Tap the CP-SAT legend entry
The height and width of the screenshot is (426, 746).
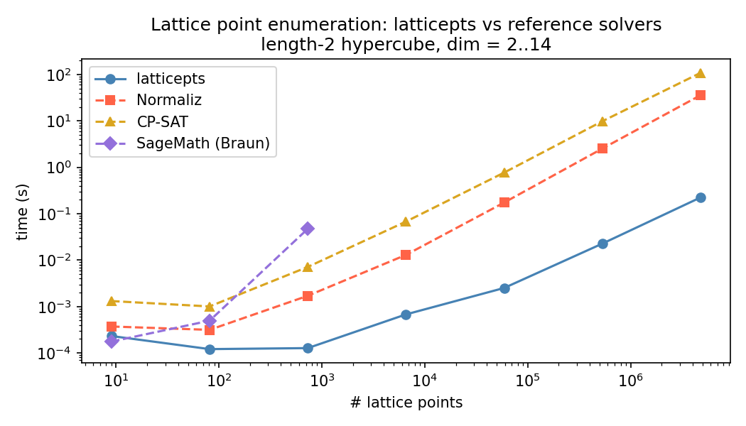click(x=162, y=122)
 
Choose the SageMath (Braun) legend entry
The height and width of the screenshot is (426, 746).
click(x=202, y=143)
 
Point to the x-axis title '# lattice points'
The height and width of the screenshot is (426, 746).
click(x=406, y=403)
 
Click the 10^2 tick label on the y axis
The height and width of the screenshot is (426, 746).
click(x=63, y=75)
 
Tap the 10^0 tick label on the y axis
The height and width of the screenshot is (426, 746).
click(x=63, y=168)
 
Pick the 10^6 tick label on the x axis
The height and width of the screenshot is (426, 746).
click(x=630, y=378)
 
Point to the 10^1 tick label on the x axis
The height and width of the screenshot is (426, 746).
click(x=116, y=378)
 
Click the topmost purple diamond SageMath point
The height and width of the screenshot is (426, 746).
click(x=308, y=229)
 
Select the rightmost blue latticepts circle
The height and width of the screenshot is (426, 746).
click(x=701, y=197)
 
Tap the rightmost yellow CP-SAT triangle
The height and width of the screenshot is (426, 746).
click(x=701, y=73)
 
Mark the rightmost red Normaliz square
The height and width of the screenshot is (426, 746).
click(x=701, y=95)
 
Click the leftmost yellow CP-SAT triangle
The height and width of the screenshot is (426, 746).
click(x=112, y=301)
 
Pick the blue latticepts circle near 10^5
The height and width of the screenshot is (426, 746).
click(x=504, y=288)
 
